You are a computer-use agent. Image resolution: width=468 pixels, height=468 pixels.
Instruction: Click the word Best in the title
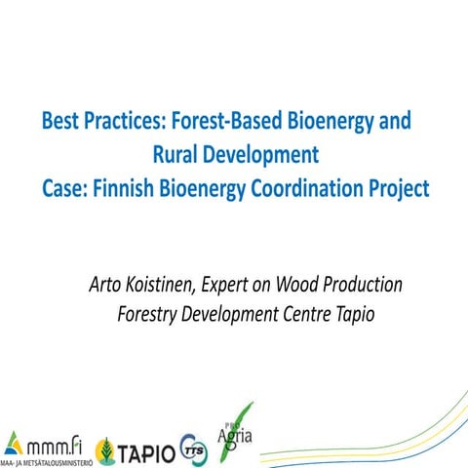[61, 123]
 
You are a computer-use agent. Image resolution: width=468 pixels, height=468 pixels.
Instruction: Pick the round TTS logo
[194, 449]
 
